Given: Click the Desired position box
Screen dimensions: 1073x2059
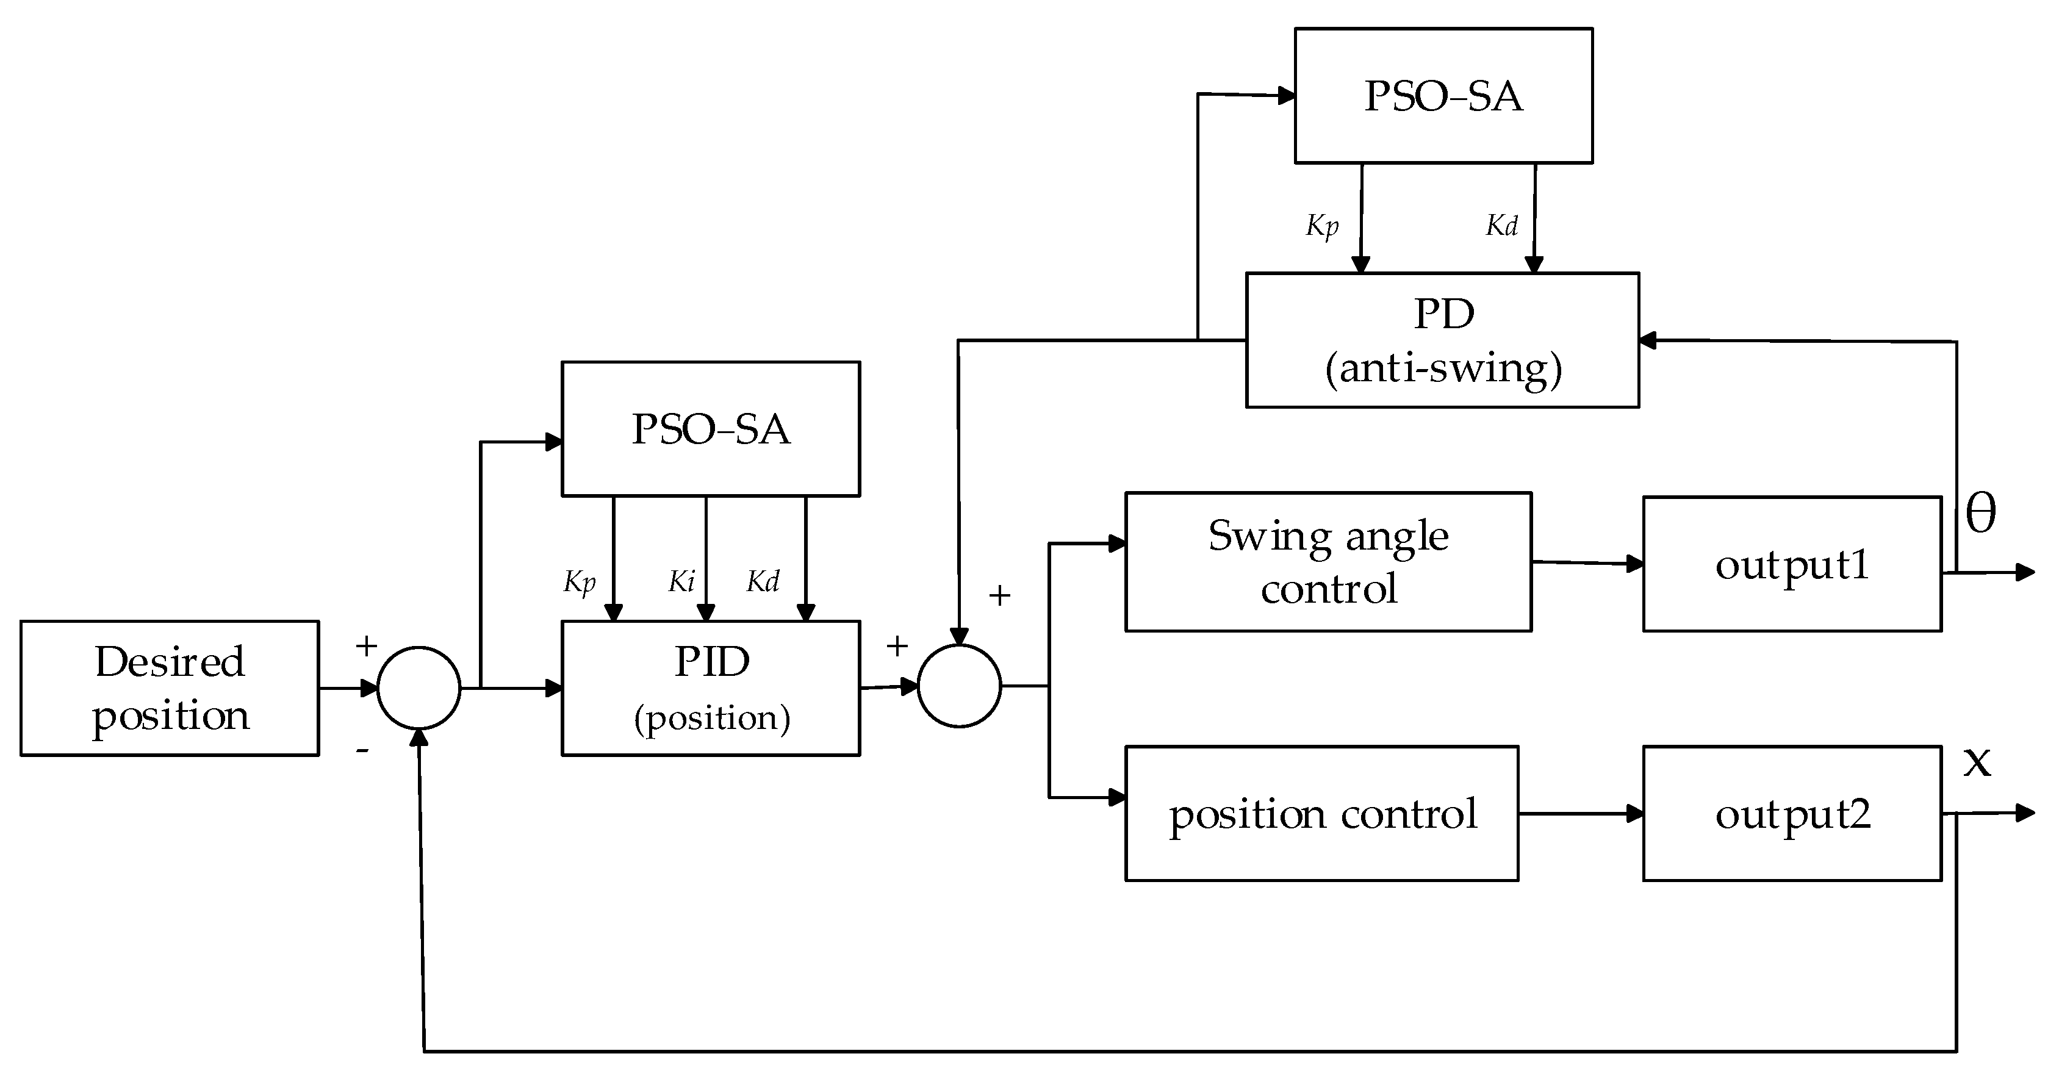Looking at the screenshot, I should tap(170, 688).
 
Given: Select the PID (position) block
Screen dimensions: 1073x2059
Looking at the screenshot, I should tap(711, 688).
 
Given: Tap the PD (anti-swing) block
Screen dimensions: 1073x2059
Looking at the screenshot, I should tap(1442, 340).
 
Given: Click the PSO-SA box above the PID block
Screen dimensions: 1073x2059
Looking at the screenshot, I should tap(711, 429).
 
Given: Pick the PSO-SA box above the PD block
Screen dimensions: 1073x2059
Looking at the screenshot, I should tap(1443, 96).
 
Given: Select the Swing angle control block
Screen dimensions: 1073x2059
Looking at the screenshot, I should tap(1328, 562).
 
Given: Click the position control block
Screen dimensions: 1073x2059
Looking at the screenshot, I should tap(1321, 813).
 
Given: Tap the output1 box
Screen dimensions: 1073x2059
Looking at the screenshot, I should tap(1791, 564).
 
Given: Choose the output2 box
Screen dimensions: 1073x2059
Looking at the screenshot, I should tap(1791, 813).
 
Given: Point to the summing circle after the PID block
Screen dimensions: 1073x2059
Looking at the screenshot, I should tap(959, 686).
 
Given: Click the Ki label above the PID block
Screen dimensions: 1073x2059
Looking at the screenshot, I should tap(681, 581).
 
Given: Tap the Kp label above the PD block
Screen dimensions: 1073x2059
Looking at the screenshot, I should tap(1322, 226).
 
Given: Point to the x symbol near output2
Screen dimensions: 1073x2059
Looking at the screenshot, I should tap(1977, 761).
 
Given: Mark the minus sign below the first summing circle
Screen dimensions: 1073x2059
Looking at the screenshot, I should tap(362, 750).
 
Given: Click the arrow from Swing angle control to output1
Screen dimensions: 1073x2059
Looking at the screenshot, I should tap(1587, 563).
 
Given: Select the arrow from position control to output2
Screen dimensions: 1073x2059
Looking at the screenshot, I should tap(1580, 813).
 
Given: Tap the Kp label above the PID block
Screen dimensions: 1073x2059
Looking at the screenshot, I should tap(580, 582).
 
